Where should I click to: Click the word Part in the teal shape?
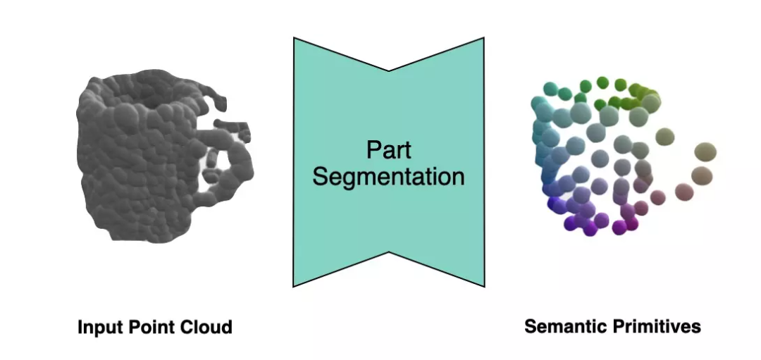pyautogui.click(x=388, y=149)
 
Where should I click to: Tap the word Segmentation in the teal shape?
pyautogui.click(x=388, y=176)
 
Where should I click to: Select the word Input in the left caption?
pyautogui.click(x=97, y=328)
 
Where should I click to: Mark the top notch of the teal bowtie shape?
pyautogui.click(x=389, y=70)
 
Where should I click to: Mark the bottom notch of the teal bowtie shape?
pyautogui.click(x=389, y=251)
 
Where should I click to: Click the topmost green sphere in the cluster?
pyautogui.click(x=602, y=82)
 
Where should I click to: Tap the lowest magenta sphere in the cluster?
pyautogui.click(x=619, y=228)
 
